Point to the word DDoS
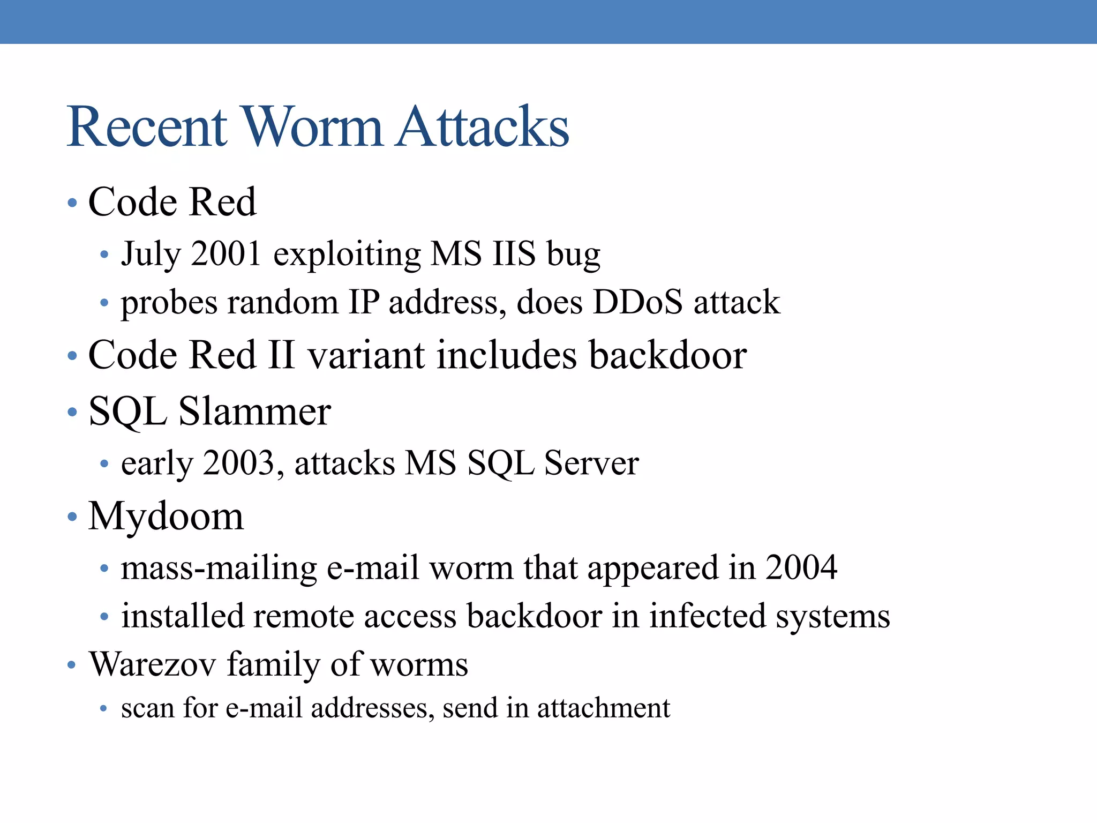point(637,302)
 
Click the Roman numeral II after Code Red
point(281,355)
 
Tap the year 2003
point(239,462)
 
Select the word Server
point(591,462)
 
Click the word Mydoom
point(166,516)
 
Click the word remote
point(303,616)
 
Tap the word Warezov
point(153,664)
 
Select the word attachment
point(604,708)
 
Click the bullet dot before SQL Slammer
point(72,413)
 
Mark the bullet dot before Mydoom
point(72,517)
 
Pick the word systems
point(833,617)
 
